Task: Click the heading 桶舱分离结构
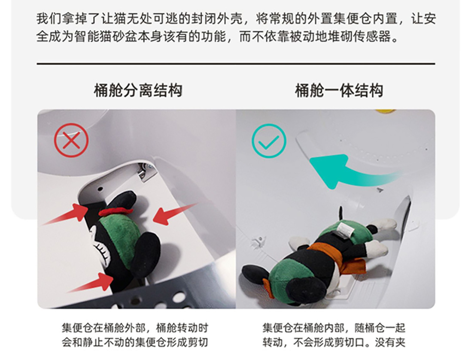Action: pos(137,91)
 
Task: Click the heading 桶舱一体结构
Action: pos(339,91)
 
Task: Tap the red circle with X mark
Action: pos(71,140)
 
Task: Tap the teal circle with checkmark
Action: pos(269,140)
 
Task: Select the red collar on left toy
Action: pos(115,212)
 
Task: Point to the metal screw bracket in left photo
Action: pos(143,172)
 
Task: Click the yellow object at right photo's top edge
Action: pos(385,111)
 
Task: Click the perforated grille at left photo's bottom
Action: pos(163,298)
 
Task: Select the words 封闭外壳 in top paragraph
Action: pos(221,19)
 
